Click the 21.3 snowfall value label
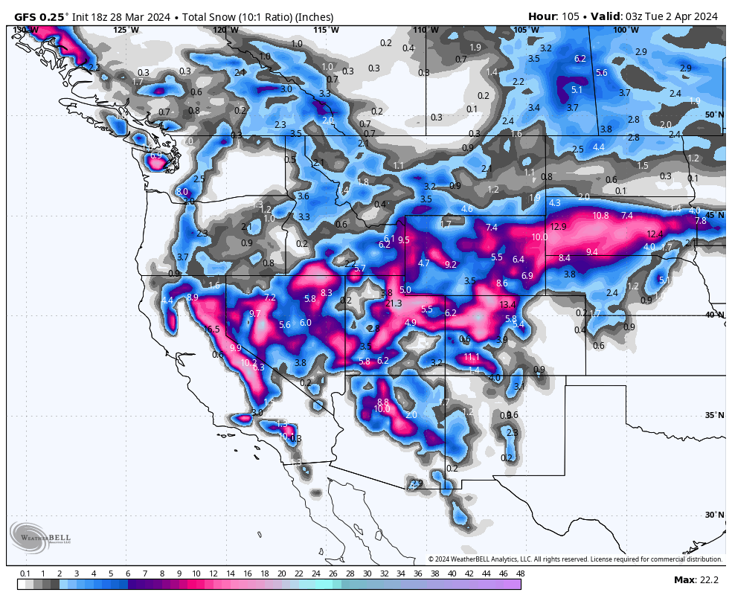(x=394, y=303)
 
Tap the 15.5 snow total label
(x=212, y=330)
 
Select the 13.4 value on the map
(x=507, y=305)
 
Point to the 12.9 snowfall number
(x=558, y=227)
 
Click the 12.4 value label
(x=654, y=234)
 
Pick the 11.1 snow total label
(x=472, y=358)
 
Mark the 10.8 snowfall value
(x=600, y=216)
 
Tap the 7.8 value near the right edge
(x=700, y=221)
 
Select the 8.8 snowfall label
(x=383, y=402)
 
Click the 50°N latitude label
(x=714, y=115)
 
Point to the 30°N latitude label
(x=714, y=515)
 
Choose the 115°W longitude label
(x=326, y=30)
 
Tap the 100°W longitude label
(x=626, y=30)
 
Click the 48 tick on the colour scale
(x=520, y=573)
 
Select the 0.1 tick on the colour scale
(x=25, y=573)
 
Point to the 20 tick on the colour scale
(x=281, y=573)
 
